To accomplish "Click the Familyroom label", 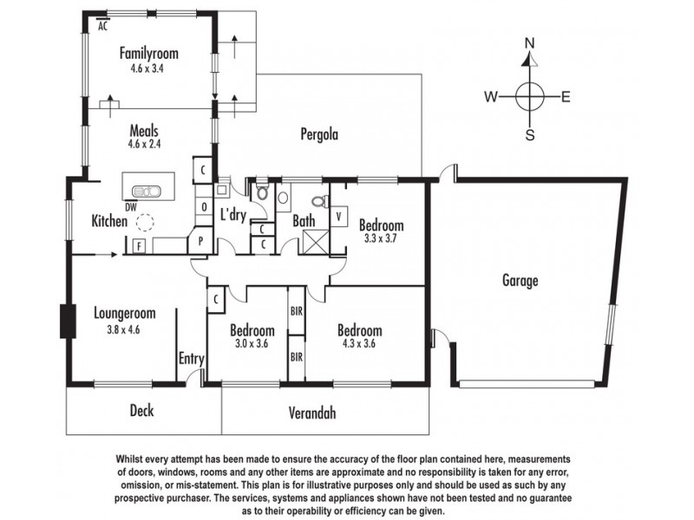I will pyautogui.click(x=149, y=52).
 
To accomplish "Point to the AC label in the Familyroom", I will pyautogui.click(x=102, y=27).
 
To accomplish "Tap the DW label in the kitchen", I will pyautogui.click(x=130, y=206).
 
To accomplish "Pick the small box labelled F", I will pyautogui.click(x=139, y=246).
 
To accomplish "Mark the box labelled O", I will pyautogui.click(x=203, y=207).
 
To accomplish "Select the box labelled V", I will pyautogui.click(x=338, y=214).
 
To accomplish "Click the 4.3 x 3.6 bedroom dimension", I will pyautogui.click(x=359, y=344).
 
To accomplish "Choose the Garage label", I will pyautogui.click(x=520, y=280).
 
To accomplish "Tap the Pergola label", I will pyautogui.click(x=318, y=134).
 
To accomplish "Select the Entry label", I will pyautogui.click(x=191, y=358).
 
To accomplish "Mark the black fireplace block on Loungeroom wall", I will pyautogui.click(x=64, y=321).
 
